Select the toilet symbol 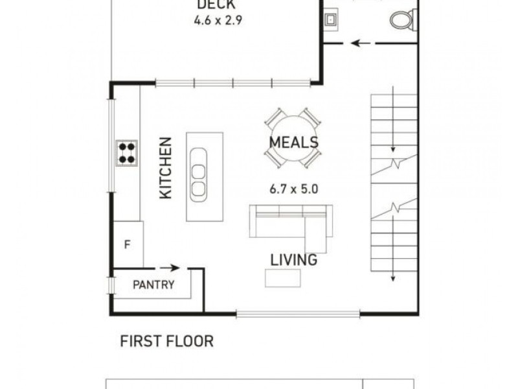click(x=403, y=19)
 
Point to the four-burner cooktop click(x=127, y=153)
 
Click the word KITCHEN click(x=166, y=168)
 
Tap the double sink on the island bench click(x=199, y=173)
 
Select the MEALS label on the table click(x=293, y=142)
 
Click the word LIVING click(x=294, y=260)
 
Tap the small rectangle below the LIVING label click(x=283, y=277)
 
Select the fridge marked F click(x=128, y=244)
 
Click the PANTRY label click(x=153, y=285)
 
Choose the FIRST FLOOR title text click(x=166, y=341)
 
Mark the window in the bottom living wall click(x=298, y=315)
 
